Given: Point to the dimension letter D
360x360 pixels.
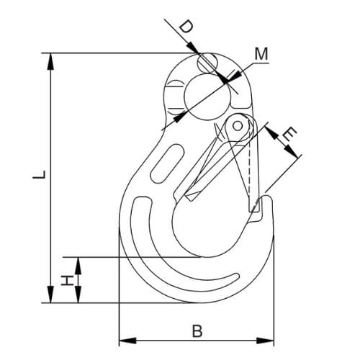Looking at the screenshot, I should (185, 27).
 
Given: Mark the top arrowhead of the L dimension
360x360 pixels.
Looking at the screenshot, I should (51, 58).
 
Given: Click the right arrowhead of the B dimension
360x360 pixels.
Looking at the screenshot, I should (270, 339).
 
